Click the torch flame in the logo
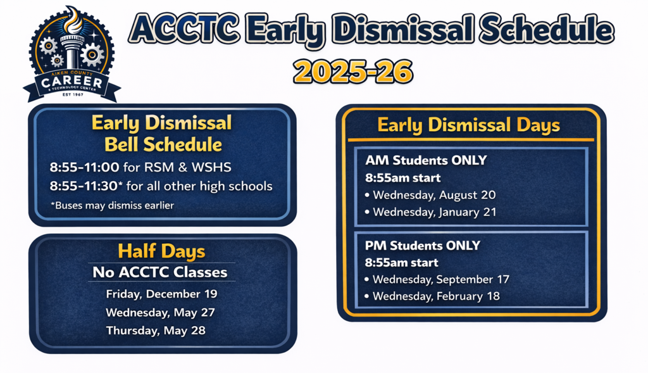click(x=72, y=18)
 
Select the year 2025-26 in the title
click(x=353, y=72)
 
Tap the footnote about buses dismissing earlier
click(x=111, y=205)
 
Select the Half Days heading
click(x=161, y=251)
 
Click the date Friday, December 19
click(x=161, y=294)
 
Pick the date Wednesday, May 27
click(x=160, y=312)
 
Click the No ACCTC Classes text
click(x=159, y=272)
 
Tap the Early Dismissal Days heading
click(x=469, y=125)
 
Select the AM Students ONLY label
click(x=426, y=160)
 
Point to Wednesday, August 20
click(x=433, y=195)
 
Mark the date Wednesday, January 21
click(x=433, y=212)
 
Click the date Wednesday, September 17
click(x=440, y=279)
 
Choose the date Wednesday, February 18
click(x=436, y=296)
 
